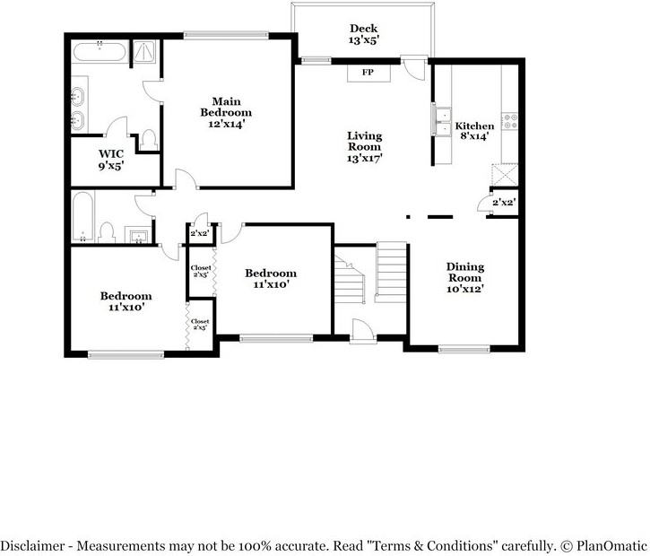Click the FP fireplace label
pyautogui.click(x=368, y=73)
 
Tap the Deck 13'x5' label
pyautogui.click(x=364, y=34)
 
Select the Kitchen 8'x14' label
pyautogui.click(x=474, y=131)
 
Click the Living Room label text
pyautogui.click(x=364, y=142)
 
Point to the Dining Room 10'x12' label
pyautogui.click(x=465, y=278)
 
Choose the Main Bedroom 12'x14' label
pyautogui.click(x=226, y=113)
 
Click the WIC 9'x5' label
pyautogui.click(x=111, y=160)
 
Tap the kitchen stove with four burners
pyautogui.click(x=510, y=121)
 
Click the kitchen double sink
pyautogui.click(x=442, y=121)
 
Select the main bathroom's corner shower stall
pyautogui.click(x=144, y=51)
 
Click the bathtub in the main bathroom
pyautogui.click(x=100, y=51)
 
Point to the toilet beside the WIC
pyautogui.click(x=149, y=140)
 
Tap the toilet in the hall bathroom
pyautogui.click(x=107, y=232)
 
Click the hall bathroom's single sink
pyautogui.click(x=138, y=236)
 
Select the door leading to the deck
pyautogui.click(x=414, y=68)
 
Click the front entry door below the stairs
pyautogui.click(x=363, y=331)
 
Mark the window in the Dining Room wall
pyautogui.click(x=464, y=349)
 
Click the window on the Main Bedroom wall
pyautogui.click(x=226, y=36)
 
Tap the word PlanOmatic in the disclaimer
pyautogui.click(x=611, y=545)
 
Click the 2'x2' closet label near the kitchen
pyautogui.click(x=504, y=203)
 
